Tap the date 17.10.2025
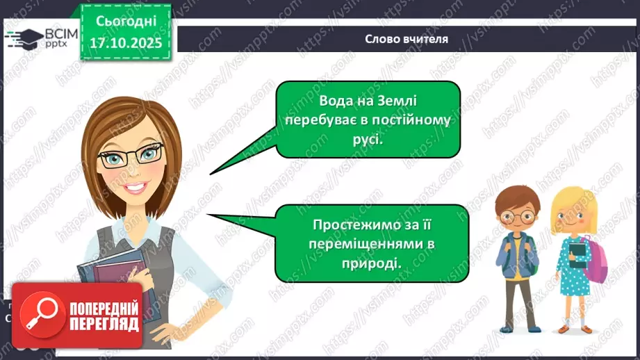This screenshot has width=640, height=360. coord(126,42)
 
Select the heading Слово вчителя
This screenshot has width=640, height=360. coord(407,39)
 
